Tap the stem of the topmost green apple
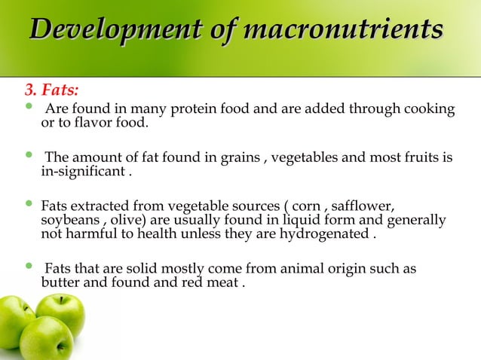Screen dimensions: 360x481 pos(61,300)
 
